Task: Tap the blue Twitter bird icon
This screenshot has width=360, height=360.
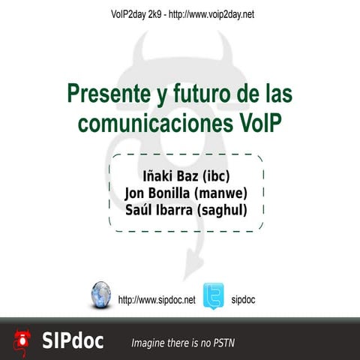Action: point(214,295)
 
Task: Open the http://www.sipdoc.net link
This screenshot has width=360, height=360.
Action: point(157,300)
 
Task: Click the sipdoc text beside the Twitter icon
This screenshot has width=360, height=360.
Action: point(244,300)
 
